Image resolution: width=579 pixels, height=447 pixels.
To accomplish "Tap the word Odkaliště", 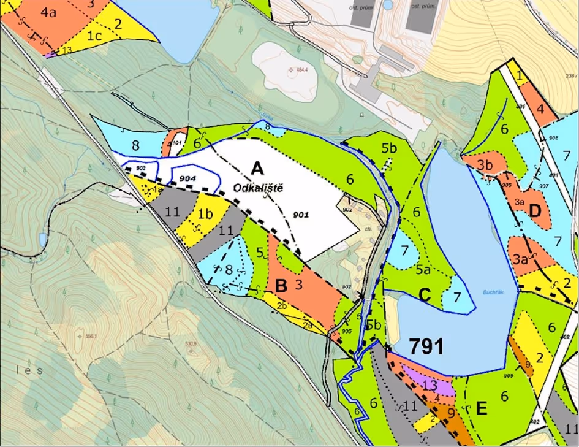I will click(x=259, y=187).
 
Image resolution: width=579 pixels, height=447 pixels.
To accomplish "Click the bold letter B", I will click(x=281, y=285).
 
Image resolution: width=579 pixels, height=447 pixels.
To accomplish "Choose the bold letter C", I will click(x=425, y=296).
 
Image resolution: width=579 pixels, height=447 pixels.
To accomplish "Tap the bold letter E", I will click(x=482, y=409).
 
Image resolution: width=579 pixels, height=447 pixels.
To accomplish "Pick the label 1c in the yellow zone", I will click(x=93, y=36).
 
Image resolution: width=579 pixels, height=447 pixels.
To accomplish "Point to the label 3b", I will click(x=485, y=165).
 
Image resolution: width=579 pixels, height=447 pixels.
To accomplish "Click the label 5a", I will click(x=422, y=269).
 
